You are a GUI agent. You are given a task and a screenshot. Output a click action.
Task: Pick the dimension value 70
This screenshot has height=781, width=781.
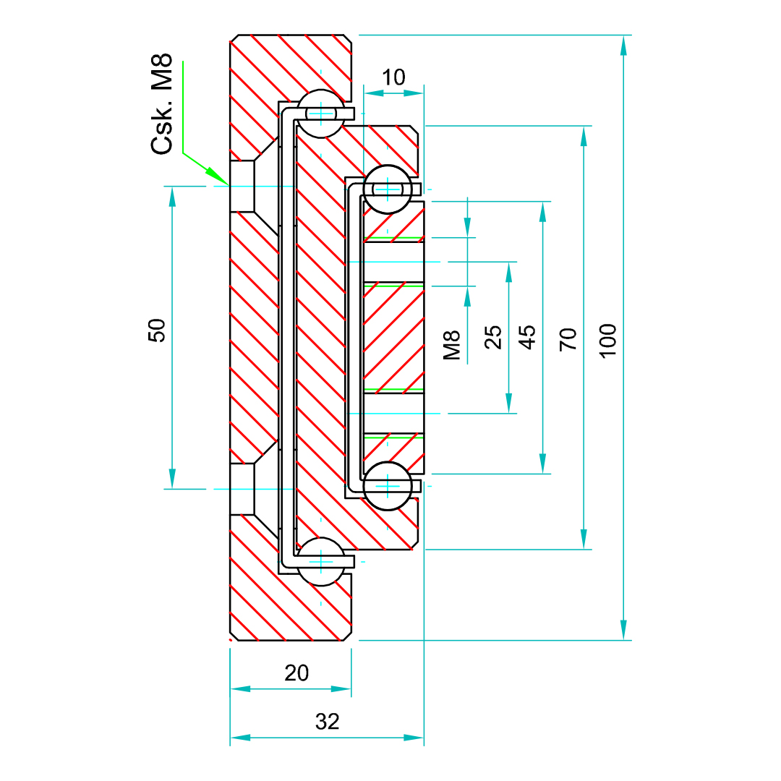569,338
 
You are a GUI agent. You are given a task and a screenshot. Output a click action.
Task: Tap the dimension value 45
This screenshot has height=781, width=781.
529,337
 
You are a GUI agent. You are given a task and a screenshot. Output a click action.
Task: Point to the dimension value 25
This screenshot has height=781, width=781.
493,337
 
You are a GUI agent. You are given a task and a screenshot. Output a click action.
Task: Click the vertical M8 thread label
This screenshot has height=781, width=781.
452,345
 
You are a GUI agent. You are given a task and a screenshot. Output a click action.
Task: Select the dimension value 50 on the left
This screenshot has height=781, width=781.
157,330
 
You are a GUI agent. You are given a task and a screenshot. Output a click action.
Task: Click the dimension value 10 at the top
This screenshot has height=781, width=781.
393,77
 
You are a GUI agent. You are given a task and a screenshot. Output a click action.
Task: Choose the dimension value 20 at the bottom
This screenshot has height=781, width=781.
296,673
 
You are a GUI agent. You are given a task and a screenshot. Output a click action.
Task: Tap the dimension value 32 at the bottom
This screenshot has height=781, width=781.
327,721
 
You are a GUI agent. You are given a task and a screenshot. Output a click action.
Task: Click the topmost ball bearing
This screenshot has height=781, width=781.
320,114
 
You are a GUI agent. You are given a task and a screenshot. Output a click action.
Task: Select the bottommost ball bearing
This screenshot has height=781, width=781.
320,562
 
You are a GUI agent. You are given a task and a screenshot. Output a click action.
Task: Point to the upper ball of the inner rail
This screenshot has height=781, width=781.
388,189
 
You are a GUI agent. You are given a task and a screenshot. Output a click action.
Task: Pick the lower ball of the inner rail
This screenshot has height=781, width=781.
388,486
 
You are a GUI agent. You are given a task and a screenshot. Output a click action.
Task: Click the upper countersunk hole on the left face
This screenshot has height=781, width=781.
243,187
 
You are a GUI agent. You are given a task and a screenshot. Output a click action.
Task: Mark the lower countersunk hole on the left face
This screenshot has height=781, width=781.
243,489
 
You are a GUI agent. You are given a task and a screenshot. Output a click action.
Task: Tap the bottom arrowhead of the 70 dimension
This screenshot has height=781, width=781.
584,539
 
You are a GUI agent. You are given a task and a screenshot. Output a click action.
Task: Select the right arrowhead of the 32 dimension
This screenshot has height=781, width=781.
414,738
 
